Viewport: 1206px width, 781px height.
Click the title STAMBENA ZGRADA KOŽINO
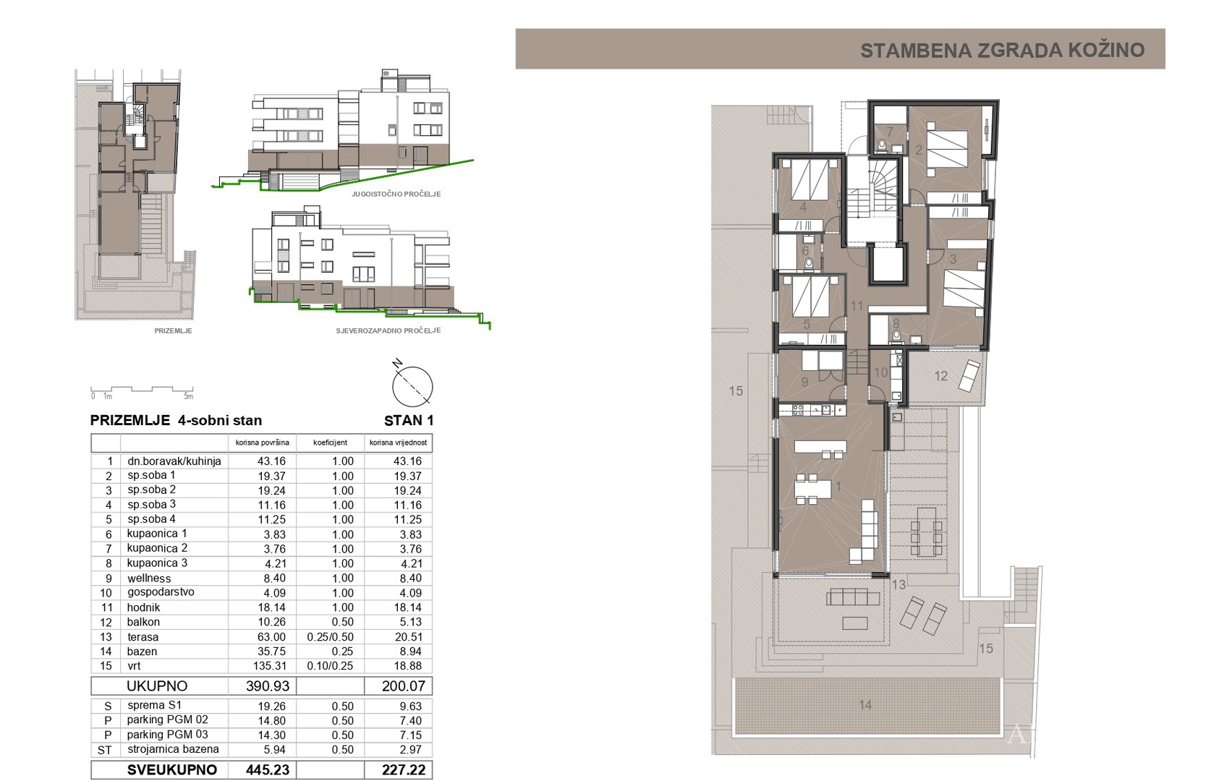(1002, 50)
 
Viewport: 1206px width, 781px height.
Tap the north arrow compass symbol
(412, 385)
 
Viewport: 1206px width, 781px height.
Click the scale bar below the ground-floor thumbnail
(142, 390)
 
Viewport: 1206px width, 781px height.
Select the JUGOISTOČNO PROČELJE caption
(396, 194)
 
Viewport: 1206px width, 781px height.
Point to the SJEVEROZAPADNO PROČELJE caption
(388, 330)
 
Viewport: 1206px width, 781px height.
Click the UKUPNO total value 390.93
(268, 686)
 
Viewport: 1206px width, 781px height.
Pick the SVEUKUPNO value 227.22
(403, 770)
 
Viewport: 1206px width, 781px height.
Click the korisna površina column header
(262, 443)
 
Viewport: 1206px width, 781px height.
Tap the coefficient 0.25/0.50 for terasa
(330, 637)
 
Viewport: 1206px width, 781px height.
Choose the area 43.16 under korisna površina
(271, 461)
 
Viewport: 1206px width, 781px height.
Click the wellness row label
(149, 579)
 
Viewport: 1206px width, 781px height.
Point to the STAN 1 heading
(409, 420)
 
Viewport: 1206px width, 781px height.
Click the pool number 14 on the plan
(865, 704)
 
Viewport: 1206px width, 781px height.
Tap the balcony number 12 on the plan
(940, 376)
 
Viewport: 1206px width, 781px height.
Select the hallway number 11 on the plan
(857, 306)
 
